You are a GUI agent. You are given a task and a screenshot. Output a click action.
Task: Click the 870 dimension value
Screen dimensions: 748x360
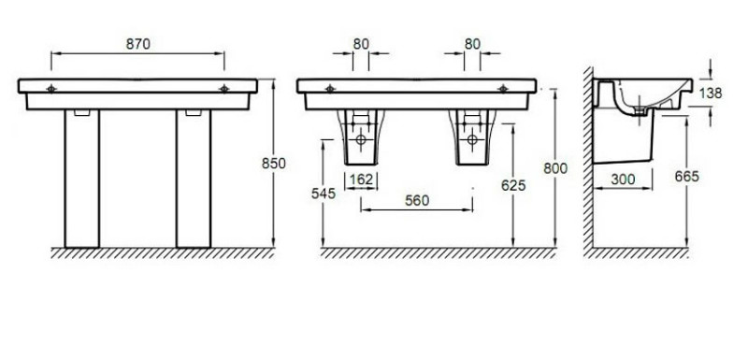click(x=137, y=44)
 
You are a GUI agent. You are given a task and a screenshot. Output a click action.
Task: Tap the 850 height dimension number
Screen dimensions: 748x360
click(x=274, y=163)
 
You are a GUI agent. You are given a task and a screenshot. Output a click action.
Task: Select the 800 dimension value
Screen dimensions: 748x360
click(x=555, y=168)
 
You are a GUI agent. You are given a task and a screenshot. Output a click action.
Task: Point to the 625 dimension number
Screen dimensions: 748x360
click(x=513, y=185)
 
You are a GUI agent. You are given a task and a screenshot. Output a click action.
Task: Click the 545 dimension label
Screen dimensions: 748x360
click(x=324, y=194)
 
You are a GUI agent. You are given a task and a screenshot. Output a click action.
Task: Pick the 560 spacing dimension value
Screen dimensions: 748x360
click(x=417, y=201)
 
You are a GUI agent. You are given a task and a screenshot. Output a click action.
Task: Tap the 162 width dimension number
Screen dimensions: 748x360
click(x=361, y=180)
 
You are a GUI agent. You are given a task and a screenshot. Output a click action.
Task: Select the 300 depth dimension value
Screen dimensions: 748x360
click(x=623, y=180)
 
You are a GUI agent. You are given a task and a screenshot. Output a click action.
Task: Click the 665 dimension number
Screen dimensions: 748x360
click(x=687, y=177)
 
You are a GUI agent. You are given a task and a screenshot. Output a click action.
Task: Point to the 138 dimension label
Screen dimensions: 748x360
click(x=711, y=93)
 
